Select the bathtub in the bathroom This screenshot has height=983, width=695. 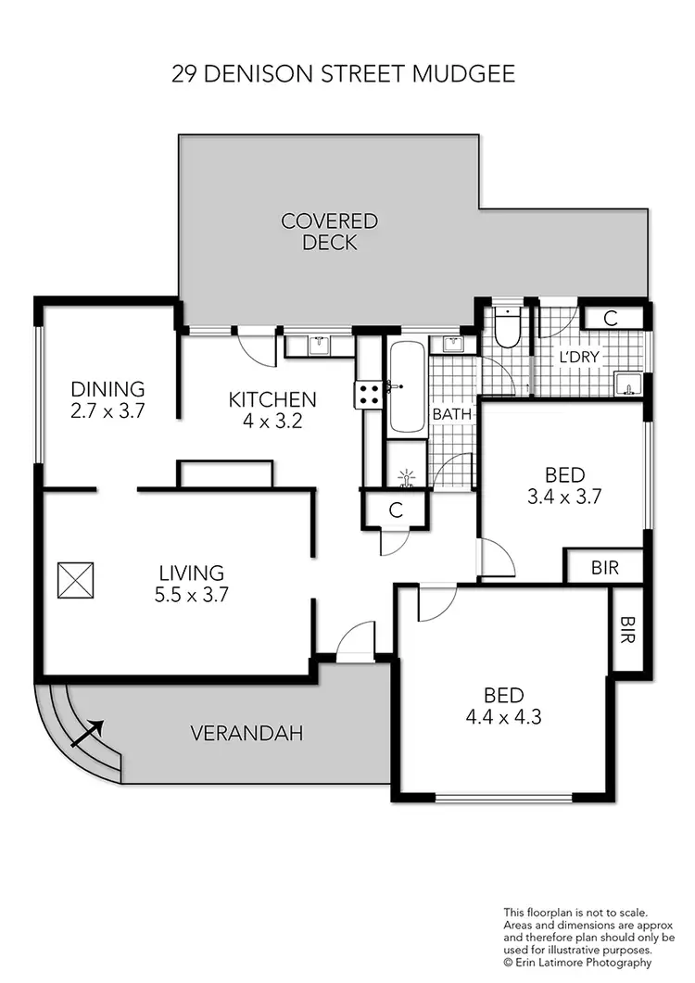tap(407, 387)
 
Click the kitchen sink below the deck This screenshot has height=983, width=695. tap(319, 346)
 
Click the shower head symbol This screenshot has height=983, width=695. tap(405, 478)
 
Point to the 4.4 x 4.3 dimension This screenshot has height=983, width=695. tap(503, 716)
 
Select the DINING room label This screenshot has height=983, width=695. tap(108, 388)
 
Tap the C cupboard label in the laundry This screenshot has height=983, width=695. tap(610, 317)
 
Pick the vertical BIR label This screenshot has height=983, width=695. tap(627, 630)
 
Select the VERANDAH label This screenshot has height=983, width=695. tap(247, 734)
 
